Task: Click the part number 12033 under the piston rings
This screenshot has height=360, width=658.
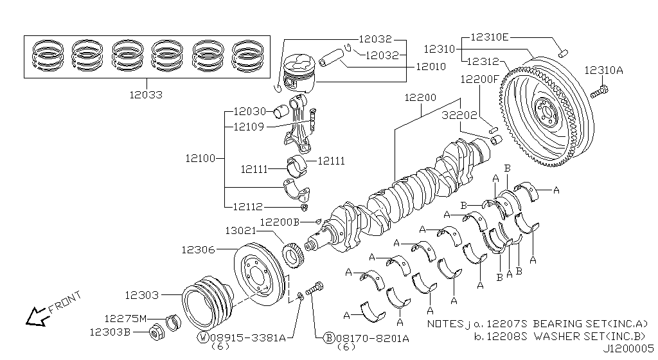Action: (145, 94)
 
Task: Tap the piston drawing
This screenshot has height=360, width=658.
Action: (299, 76)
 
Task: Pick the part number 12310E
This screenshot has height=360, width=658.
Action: (490, 37)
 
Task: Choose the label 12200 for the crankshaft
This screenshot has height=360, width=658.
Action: (420, 98)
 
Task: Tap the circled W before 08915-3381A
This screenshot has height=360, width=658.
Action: (202, 337)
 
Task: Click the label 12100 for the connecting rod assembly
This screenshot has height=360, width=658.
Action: (202, 157)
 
